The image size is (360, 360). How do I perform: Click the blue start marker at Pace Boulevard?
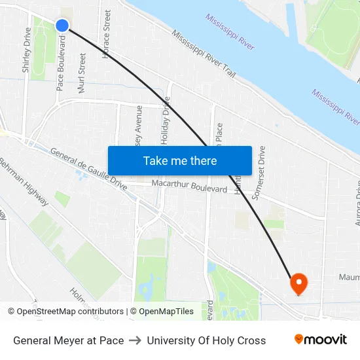[62, 26]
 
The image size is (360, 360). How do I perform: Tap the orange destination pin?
[298, 283]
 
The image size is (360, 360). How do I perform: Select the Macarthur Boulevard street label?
[189, 186]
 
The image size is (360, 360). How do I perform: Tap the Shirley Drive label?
[27, 50]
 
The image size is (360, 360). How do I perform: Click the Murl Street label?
[82, 73]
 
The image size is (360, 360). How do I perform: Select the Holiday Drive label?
[166, 120]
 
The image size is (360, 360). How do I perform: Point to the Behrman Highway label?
[23, 181]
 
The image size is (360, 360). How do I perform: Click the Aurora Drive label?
[357, 203]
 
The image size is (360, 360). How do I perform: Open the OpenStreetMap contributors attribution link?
[70, 312]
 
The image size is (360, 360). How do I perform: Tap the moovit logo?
[321, 340]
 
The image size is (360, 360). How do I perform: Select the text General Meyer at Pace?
[69, 340]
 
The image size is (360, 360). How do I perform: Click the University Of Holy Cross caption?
[206, 340]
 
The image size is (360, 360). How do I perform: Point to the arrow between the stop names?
[135, 340]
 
